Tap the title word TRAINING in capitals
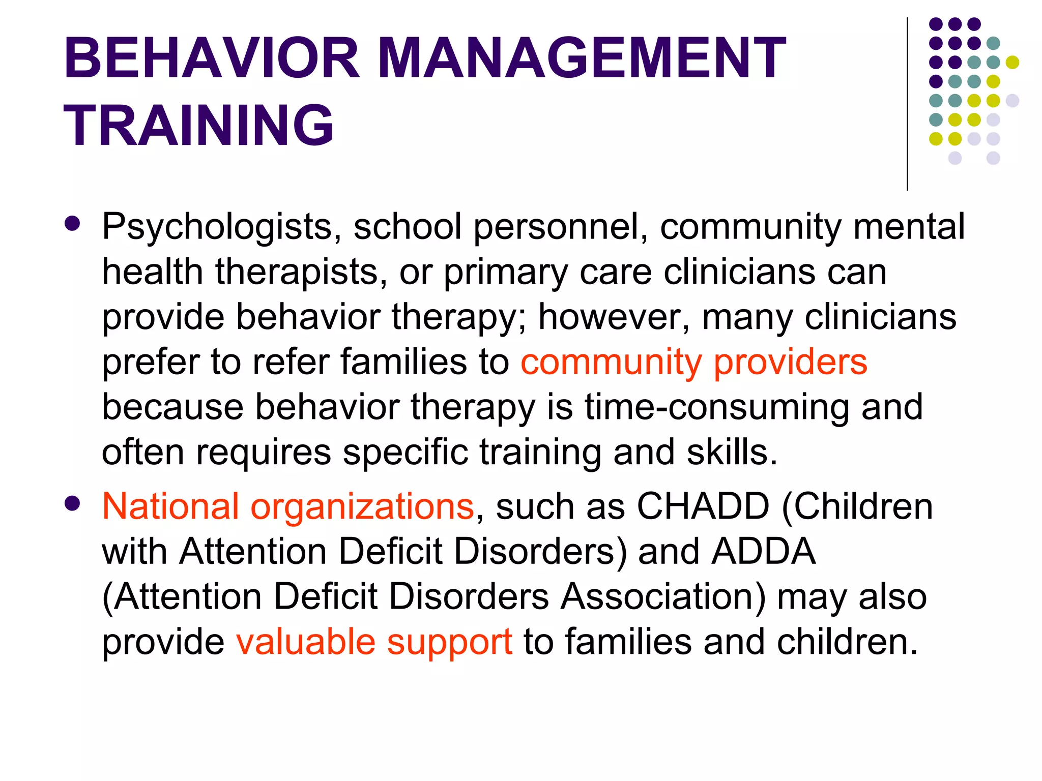(198, 125)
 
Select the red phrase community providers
(693, 362)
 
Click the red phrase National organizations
(288, 506)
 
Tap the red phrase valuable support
(374, 642)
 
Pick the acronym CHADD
(703, 506)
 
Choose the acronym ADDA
(763, 551)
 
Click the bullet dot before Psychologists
(73, 224)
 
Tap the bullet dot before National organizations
(73, 503)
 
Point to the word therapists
(298, 272)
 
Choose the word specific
(405, 452)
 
